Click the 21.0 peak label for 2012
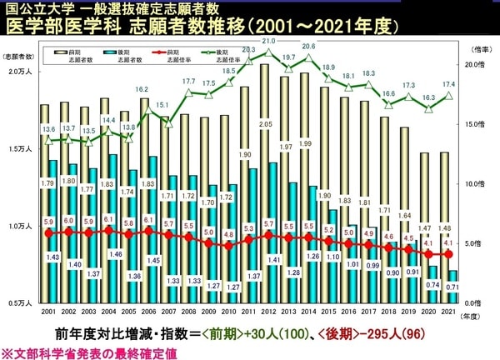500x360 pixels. pyautogui.click(x=268, y=41)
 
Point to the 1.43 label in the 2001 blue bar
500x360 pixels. pyautogui.click(x=52, y=257)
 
